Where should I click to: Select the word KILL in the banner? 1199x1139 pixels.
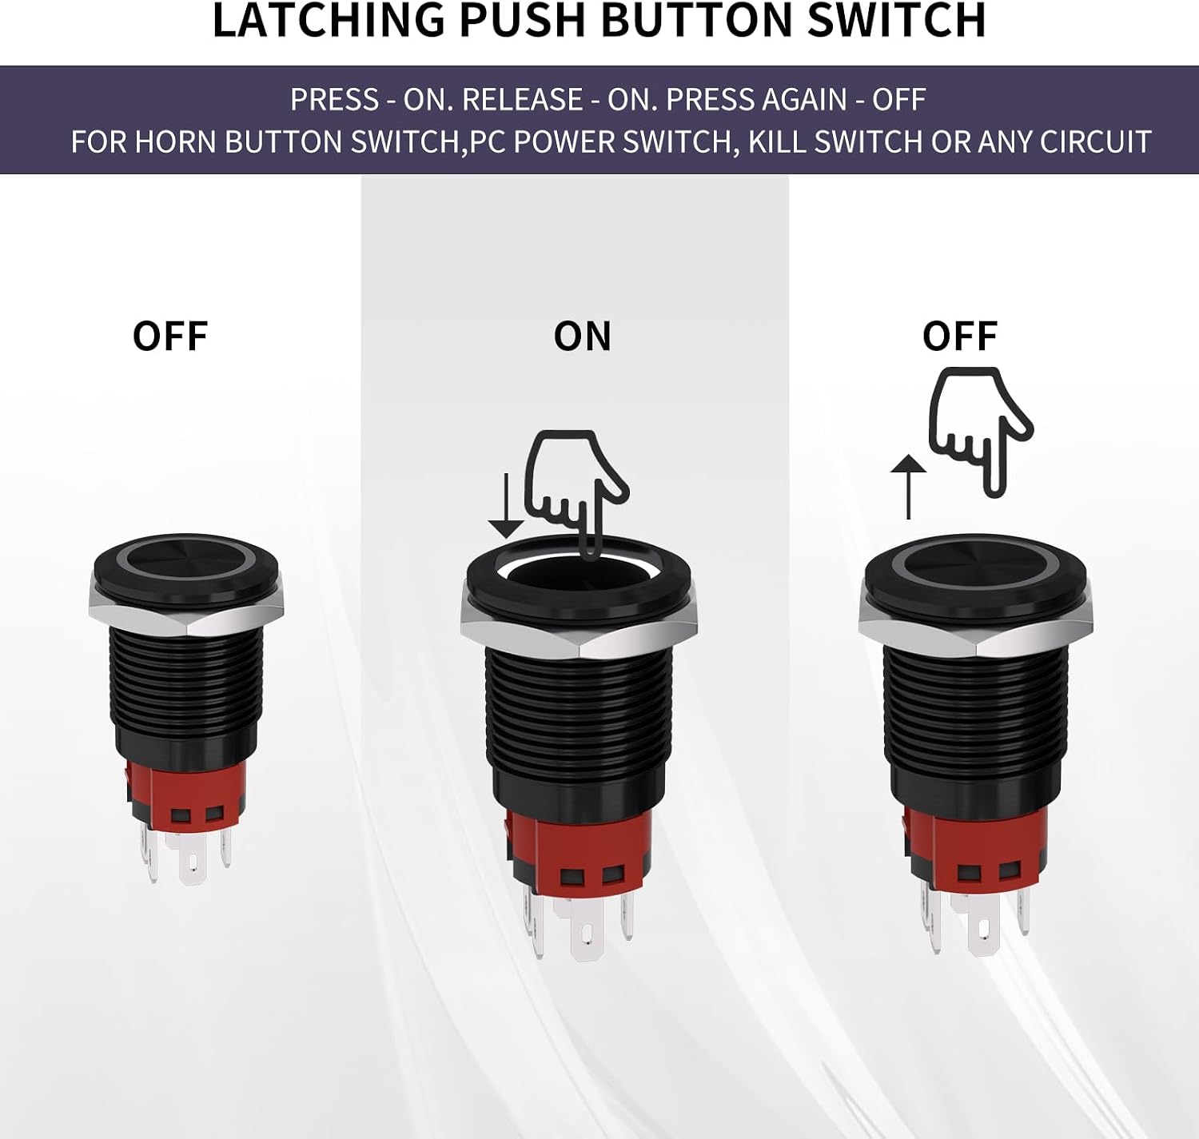pyautogui.click(x=777, y=141)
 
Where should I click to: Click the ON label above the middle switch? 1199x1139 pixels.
pyautogui.click(x=582, y=337)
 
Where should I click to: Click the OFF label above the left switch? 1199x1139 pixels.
pyautogui.click(x=170, y=337)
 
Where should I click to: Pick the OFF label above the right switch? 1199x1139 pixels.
pyautogui.click(x=960, y=337)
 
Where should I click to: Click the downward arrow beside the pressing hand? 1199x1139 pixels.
pyautogui.click(x=506, y=506)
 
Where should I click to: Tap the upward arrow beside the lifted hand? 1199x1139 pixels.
pyautogui.click(x=908, y=487)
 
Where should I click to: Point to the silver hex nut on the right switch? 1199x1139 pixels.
pyautogui.click(x=976, y=623)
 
